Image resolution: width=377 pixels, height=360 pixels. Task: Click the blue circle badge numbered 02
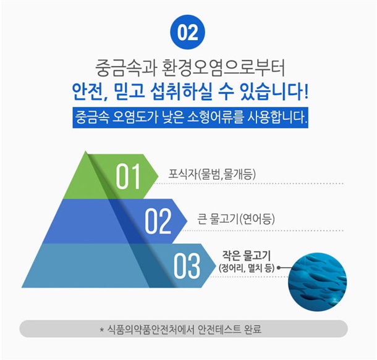pyautogui.click(x=187, y=33)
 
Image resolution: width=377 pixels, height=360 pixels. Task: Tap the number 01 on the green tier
pyautogui.click(x=128, y=177)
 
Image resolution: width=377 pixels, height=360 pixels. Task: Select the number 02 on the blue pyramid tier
pyautogui.click(x=158, y=221)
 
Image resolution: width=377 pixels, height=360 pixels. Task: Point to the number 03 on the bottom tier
pyautogui.click(x=186, y=266)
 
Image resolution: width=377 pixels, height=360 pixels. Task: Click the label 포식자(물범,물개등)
pyautogui.click(x=212, y=174)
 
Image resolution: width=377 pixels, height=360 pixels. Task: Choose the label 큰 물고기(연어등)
pyautogui.click(x=236, y=219)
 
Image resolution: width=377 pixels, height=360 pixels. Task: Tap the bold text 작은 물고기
pyautogui.click(x=246, y=256)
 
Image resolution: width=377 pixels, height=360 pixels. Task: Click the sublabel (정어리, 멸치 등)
pyautogui.click(x=247, y=268)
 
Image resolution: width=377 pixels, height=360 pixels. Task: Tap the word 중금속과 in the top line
pyautogui.click(x=125, y=68)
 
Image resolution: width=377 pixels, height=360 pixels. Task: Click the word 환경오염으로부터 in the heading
pyautogui.click(x=224, y=68)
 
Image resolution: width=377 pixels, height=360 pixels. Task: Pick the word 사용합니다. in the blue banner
pyautogui.click(x=278, y=117)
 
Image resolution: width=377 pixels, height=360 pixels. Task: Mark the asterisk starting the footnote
pyautogui.click(x=102, y=329)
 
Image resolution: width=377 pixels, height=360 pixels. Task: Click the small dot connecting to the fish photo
pyautogui.click(x=279, y=267)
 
